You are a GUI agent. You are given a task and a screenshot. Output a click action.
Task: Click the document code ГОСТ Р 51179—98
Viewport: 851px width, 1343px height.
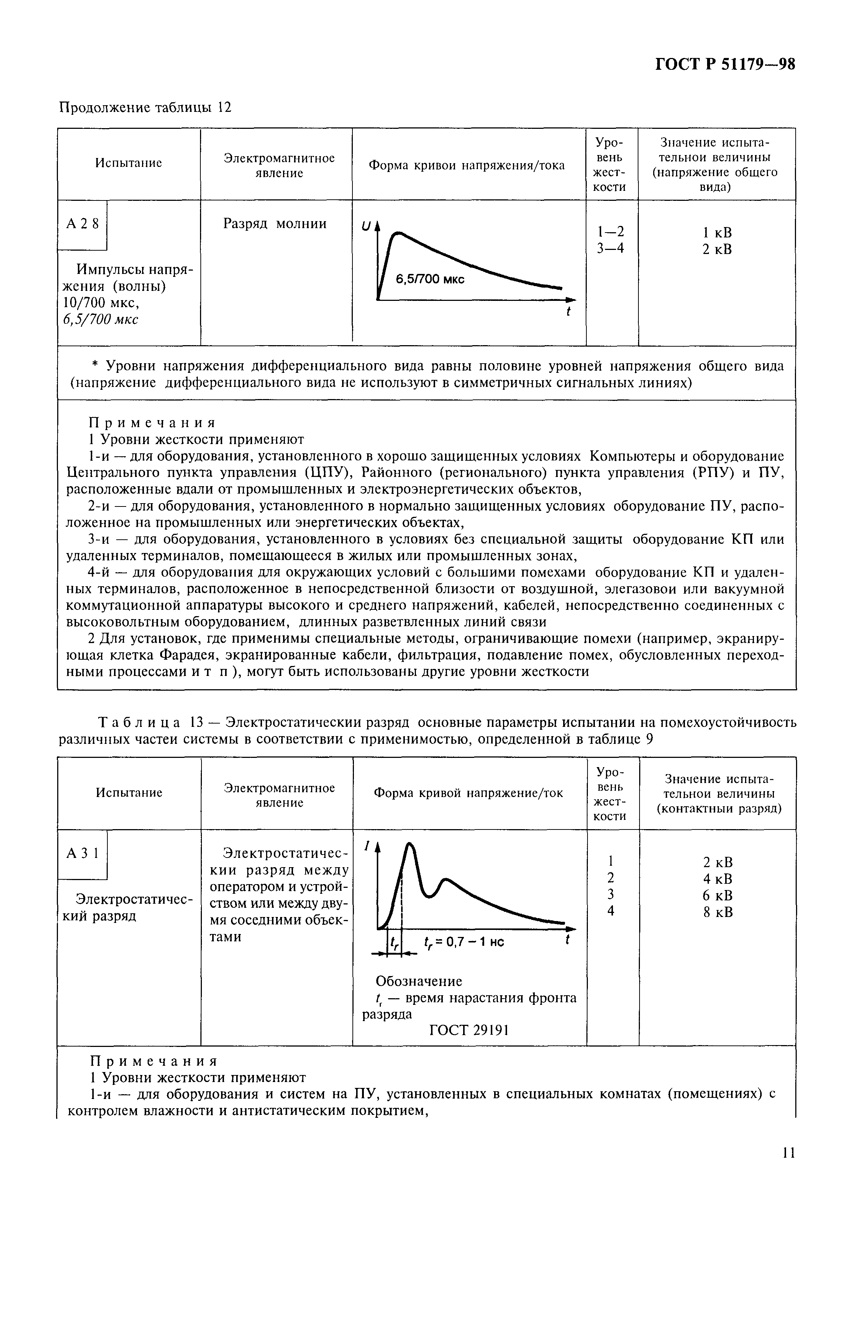pyautogui.click(x=724, y=65)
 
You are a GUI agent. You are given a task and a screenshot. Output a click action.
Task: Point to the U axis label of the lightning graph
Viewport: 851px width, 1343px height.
pyautogui.click(x=366, y=226)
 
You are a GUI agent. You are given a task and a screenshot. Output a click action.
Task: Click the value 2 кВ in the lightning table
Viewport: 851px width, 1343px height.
pyautogui.click(x=717, y=249)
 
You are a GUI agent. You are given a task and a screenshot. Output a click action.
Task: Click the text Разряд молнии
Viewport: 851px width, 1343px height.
pyautogui.click(x=275, y=224)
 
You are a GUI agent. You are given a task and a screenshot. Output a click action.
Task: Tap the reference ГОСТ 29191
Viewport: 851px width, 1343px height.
pyautogui.click(x=469, y=1030)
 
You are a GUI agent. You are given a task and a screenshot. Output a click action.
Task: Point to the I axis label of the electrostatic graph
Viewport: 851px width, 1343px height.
pyautogui.click(x=366, y=846)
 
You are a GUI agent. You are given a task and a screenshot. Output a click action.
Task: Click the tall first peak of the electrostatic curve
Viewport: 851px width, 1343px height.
pyautogui.click(x=410, y=847)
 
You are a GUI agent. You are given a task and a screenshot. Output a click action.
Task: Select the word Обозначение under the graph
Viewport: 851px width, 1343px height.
pyautogui.click(x=419, y=980)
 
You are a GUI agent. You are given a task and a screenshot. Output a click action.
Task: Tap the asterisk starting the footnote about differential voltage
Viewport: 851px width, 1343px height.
pyautogui.click(x=94, y=367)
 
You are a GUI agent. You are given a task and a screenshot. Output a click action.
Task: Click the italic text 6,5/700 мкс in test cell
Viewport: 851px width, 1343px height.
pyautogui.click(x=100, y=319)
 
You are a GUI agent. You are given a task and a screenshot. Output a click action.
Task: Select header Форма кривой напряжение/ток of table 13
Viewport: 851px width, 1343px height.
pyautogui.click(x=468, y=793)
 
